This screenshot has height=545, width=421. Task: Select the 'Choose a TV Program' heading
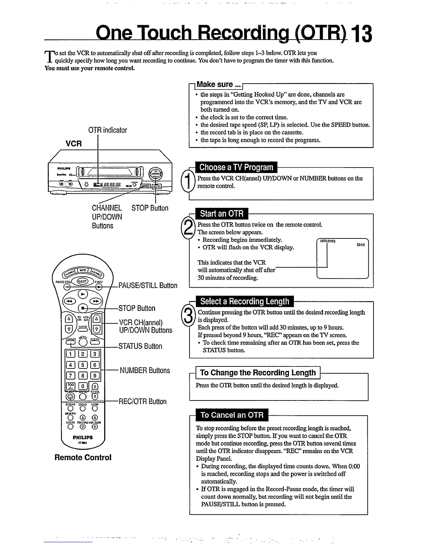[236, 168]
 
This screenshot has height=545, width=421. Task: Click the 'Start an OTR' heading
[222, 214]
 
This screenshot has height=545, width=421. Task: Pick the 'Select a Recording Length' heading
[245, 301]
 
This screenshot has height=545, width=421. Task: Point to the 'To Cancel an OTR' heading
[232, 415]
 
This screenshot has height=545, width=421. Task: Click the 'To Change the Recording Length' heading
[258, 373]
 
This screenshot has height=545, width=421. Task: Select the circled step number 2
[188, 227]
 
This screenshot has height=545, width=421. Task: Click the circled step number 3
[188, 315]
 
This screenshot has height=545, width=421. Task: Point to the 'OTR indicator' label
[107, 130]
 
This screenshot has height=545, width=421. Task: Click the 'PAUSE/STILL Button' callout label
[148, 286]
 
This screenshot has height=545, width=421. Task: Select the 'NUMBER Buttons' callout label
[145, 371]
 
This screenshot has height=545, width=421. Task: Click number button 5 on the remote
[83, 365]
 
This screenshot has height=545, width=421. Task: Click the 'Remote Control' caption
[83, 458]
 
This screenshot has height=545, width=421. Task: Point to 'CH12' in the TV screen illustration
[360, 245]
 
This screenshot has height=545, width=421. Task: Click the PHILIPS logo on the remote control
[83, 438]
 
